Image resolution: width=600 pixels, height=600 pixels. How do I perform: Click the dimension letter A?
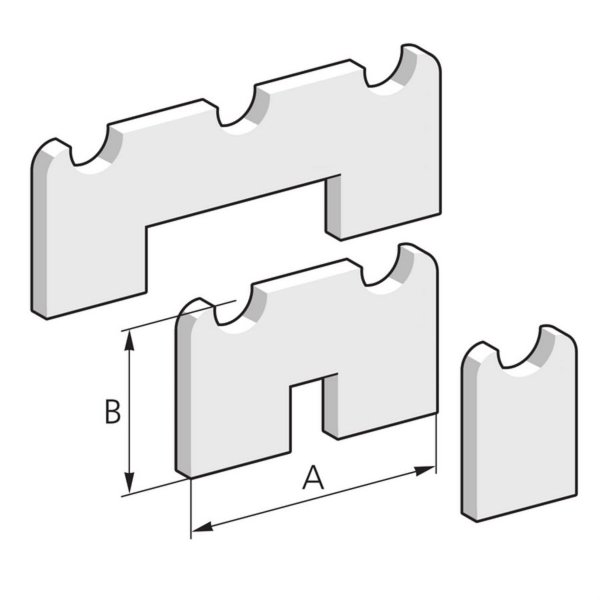pos(313,477)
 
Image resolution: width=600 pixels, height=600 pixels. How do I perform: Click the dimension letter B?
pos(113,411)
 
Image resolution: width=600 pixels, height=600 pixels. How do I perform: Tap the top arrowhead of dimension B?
pos(130,341)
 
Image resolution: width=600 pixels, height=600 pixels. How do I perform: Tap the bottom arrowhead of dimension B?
pos(130,483)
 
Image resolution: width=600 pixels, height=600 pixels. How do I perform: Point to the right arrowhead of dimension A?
pos(425,471)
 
